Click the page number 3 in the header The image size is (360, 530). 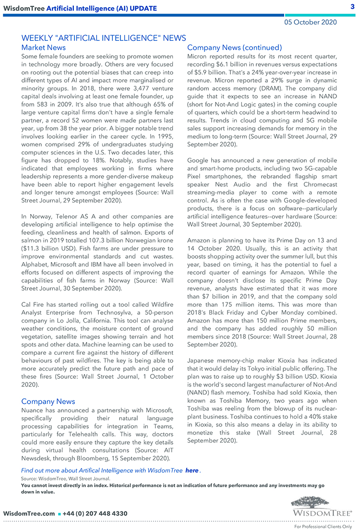click(352, 6)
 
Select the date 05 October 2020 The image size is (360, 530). click(310, 22)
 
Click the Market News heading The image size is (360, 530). click(44, 48)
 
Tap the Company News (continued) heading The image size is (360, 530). click(234, 48)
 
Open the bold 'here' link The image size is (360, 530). click(192, 470)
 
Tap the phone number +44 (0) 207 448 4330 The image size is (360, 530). click(95, 513)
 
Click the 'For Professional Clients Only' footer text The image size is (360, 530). click(323, 526)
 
